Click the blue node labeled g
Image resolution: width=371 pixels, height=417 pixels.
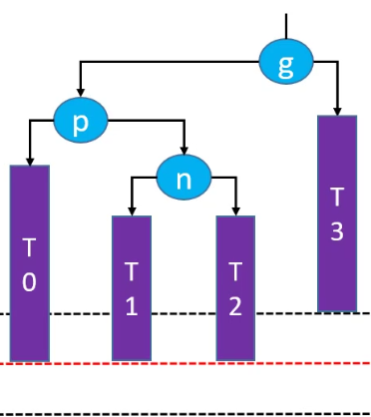[x=286, y=61]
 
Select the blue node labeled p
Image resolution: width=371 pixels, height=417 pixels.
[x=81, y=120]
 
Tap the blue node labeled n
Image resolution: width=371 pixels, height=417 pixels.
[x=184, y=178]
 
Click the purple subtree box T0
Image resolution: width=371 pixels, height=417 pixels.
[x=30, y=263]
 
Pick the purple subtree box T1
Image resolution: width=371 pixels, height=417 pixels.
[x=132, y=288]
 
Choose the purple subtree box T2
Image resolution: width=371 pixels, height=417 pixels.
[x=235, y=288]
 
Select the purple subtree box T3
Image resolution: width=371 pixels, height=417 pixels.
[x=337, y=213]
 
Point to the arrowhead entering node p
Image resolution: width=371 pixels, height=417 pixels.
[x=80, y=93]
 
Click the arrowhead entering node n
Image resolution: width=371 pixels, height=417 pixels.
[x=185, y=151]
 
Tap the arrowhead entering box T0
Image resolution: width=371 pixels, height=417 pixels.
[x=30, y=161]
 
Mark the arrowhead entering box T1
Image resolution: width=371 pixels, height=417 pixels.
[x=132, y=211]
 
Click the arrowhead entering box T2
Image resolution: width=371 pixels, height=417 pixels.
[x=236, y=211]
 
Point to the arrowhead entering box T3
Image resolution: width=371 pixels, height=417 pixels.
[x=337, y=112]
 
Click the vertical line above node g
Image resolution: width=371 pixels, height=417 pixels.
[x=286, y=26]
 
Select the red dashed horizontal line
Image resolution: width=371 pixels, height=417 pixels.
[x=185, y=363]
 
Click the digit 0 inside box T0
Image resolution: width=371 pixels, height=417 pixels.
[x=29, y=282]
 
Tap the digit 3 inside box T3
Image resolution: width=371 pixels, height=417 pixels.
[x=337, y=231]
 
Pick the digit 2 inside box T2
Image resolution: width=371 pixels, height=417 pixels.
[x=235, y=306]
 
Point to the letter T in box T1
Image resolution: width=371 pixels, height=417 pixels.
[x=132, y=271]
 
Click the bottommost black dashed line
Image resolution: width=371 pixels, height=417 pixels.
[x=185, y=414]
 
